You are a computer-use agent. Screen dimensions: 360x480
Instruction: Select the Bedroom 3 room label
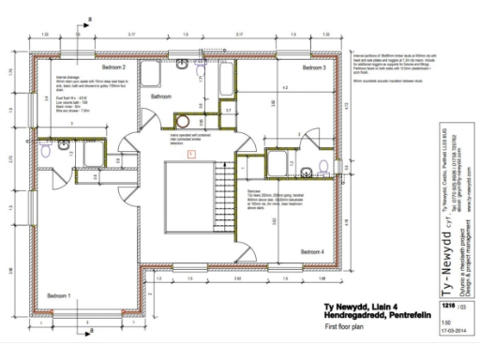[314, 69]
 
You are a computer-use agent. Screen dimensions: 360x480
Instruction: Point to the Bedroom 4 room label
[312, 252]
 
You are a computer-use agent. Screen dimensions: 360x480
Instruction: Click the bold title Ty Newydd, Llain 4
[366, 306]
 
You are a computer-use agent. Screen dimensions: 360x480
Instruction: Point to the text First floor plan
[344, 325]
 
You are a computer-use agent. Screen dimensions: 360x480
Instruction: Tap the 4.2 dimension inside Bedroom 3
[283, 88]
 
